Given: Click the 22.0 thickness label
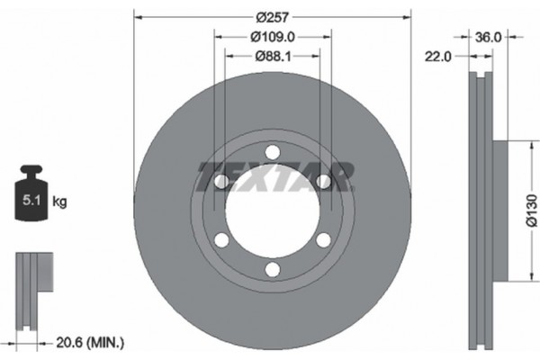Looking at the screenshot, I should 439,55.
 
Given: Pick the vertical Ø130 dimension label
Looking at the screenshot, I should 531,212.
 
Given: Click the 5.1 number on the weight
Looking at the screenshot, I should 29,202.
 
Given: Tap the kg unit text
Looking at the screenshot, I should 60,202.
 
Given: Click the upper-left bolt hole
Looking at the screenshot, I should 220,181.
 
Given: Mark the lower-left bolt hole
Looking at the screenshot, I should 220,239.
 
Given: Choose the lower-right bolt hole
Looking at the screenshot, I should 322,239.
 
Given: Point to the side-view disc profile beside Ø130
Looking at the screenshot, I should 483,212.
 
